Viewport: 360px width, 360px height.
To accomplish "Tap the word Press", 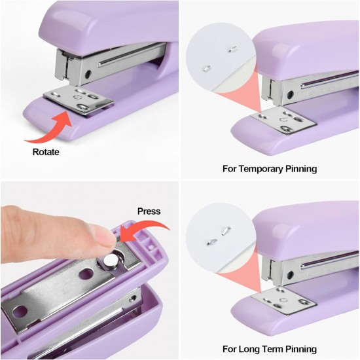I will click(149, 211).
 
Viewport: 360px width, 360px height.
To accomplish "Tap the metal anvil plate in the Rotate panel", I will click(79, 99).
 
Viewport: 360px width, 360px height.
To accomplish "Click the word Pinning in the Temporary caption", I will click(299, 169).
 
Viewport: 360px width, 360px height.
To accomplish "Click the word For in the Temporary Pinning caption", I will click(231, 169).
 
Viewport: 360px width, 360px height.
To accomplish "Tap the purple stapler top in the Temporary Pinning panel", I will click(308, 49).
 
